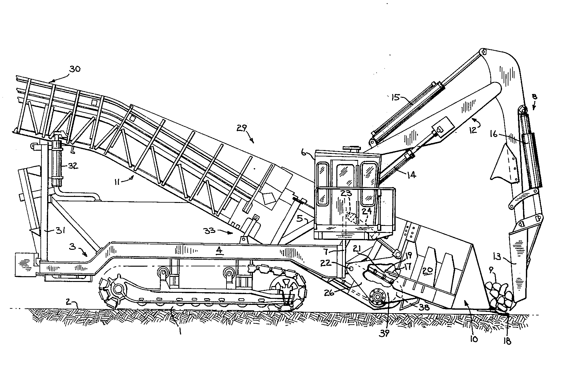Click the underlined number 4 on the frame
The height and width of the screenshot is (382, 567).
tap(219, 251)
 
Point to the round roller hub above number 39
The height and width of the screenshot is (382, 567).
tap(377, 297)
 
